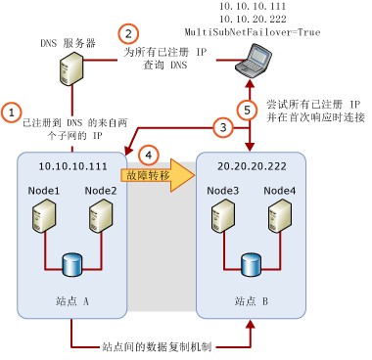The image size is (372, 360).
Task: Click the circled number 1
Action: pyautogui.click(x=11, y=112)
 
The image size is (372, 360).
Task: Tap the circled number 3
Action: pyautogui.click(x=224, y=126)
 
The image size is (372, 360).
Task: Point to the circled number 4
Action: pyautogui.click(x=149, y=155)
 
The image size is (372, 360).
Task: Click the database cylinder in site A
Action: pyautogui.click(x=70, y=264)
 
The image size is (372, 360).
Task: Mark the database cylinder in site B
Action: pyautogui.click(x=250, y=264)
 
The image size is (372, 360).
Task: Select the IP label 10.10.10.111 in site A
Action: pyautogui.click(x=71, y=167)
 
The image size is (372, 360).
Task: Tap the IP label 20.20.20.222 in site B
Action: pyautogui.click(x=251, y=167)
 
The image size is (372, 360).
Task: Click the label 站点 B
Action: pyautogui.click(x=251, y=300)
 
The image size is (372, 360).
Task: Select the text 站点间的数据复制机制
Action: pyautogui.click(x=161, y=345)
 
